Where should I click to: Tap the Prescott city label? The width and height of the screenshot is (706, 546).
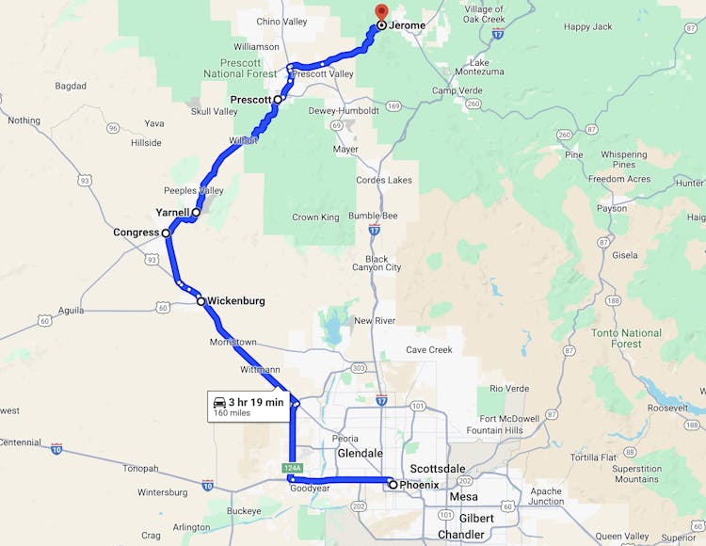click(x=250, y=99)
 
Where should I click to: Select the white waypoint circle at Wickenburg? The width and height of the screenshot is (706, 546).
click(x=201, y=301)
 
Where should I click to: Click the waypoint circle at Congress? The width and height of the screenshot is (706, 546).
click(x=166, y=233)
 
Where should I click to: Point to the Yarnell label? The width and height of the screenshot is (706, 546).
click(x=172, y=213)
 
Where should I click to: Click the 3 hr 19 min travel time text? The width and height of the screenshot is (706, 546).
click(x=255, y=402)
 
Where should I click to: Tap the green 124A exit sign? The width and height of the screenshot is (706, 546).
click(x=292, y=468)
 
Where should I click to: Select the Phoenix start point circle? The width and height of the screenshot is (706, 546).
click(x=393, y=485)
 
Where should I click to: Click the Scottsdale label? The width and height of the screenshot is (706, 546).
click(x=438, y=469)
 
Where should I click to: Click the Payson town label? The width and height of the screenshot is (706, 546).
click(x=611, y=208)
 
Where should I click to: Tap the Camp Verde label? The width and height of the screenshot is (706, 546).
click(x=457, y=90)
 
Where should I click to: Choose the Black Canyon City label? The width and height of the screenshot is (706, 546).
click(x=376, y=263)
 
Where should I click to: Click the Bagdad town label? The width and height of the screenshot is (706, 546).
click(x=71, y=86)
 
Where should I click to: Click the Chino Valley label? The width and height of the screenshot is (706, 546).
click(x=281, y=22)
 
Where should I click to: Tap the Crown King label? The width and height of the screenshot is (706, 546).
click(x=315, y=217)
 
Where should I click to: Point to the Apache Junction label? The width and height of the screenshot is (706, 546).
click(x=545, y=496)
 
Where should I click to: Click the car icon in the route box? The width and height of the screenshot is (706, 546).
click(x=218, y=402)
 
